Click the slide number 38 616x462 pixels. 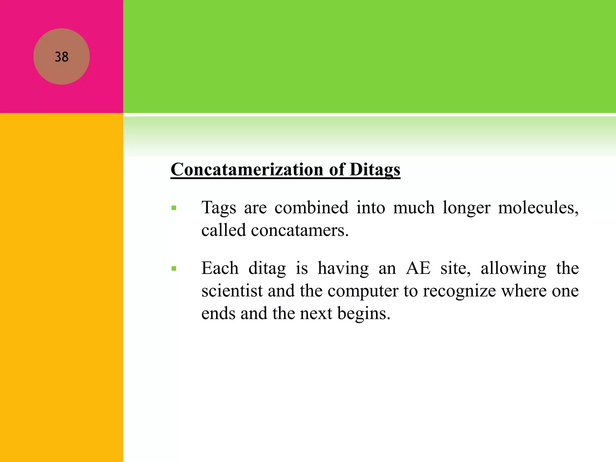coord(62,57)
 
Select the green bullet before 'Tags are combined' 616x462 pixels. coord(174,208)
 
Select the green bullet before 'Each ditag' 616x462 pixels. coord(174,269)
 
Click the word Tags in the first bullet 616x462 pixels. coord(219,208)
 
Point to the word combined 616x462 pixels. coord(311,208)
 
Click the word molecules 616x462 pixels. coord(538,208)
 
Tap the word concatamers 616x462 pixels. coord(300,230)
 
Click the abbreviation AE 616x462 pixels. coord(418,268)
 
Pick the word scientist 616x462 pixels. coord(232,291)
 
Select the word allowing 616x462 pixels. coord(513,269)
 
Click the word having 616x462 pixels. coord(343,269)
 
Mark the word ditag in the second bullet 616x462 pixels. coord(267,269)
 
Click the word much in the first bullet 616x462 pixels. coord(414,208)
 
